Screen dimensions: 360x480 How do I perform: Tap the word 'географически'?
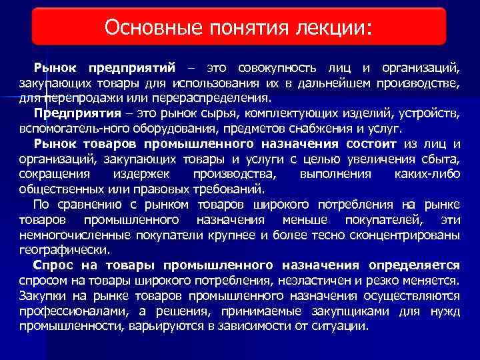point(63,249)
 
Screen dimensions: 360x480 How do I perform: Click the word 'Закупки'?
point(43,295)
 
